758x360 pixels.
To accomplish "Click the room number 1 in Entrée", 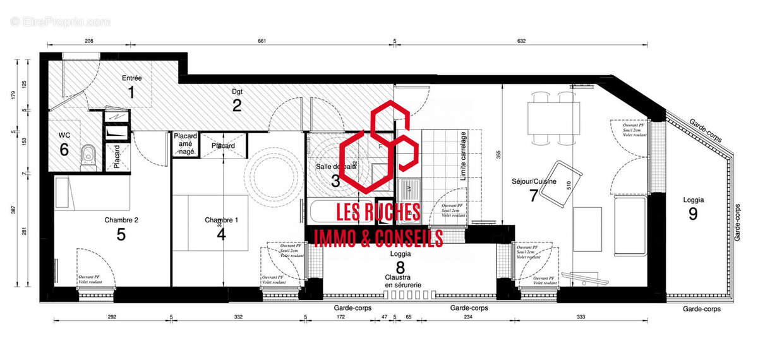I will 131,93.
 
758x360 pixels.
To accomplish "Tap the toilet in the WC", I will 88,153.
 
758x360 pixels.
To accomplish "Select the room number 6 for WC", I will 64,150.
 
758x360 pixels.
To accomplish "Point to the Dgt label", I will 236,92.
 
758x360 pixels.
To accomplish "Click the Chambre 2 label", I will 121,220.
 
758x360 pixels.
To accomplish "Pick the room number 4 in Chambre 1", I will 221,234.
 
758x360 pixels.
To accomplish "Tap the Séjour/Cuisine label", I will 534,182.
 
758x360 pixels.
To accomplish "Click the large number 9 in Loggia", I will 693,213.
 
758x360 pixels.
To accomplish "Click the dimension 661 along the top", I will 262,41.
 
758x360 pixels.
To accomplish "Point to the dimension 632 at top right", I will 521,41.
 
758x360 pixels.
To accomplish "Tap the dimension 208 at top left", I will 89,41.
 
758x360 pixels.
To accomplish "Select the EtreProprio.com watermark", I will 60,21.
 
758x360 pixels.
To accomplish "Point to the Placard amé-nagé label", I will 185,144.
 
